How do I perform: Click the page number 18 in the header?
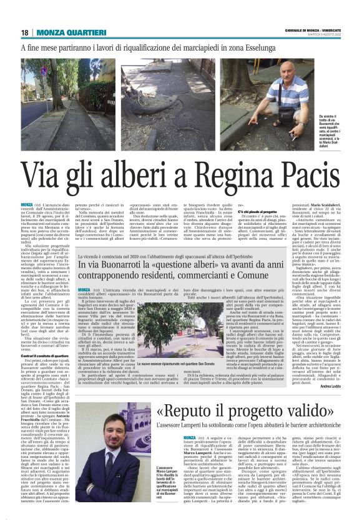tap(25, 32)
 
